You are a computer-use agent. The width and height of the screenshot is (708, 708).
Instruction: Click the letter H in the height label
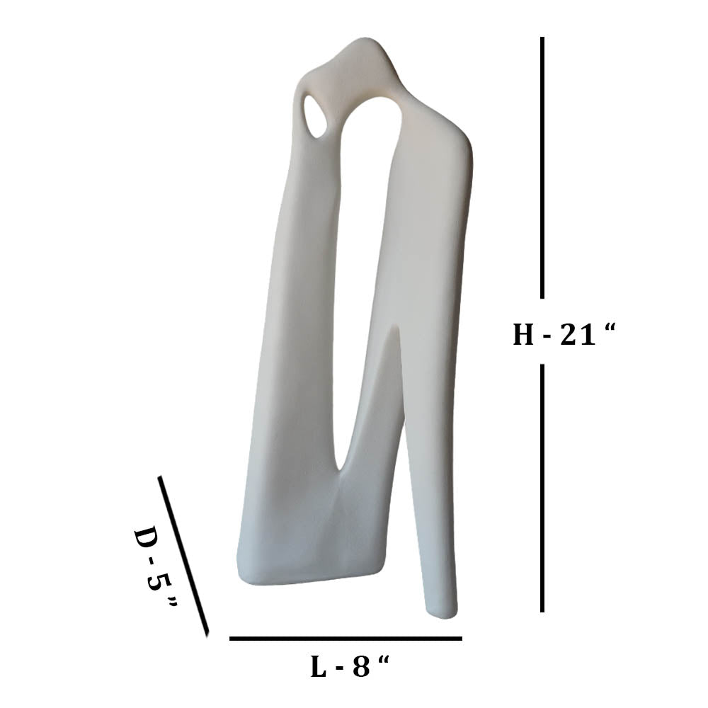coord(523,335)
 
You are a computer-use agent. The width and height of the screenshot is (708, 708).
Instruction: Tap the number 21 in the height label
coord(578,335)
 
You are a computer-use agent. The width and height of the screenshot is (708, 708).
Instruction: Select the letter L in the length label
coord(319,666)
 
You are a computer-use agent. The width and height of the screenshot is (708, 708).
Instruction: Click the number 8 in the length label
coord(361,666)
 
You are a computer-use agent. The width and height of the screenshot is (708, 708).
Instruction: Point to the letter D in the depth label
coord(147,539)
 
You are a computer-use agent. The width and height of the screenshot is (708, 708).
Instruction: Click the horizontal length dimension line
coord(346,639)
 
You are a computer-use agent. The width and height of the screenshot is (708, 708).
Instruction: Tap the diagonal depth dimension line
coord(183,556)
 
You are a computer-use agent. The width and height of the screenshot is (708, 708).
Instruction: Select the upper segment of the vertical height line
coord(542,168)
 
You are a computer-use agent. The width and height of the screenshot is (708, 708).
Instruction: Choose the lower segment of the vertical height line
coord(542,489)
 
